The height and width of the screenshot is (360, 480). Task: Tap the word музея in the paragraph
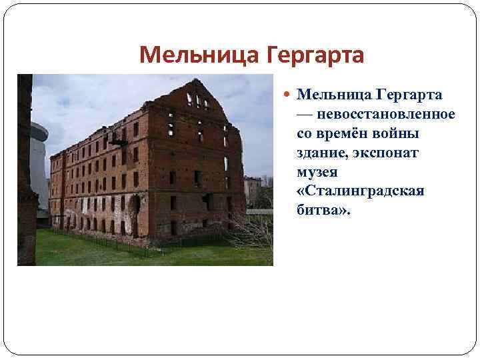pyautogui.click(x=317, y=173)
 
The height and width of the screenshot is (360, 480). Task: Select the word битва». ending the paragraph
pyautogui.click(x=323, y=211)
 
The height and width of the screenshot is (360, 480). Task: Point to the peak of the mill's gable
pyautogui.click(x=198, y=81)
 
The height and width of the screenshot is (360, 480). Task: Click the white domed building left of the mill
pyautogui.click(x=40, y=160)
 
